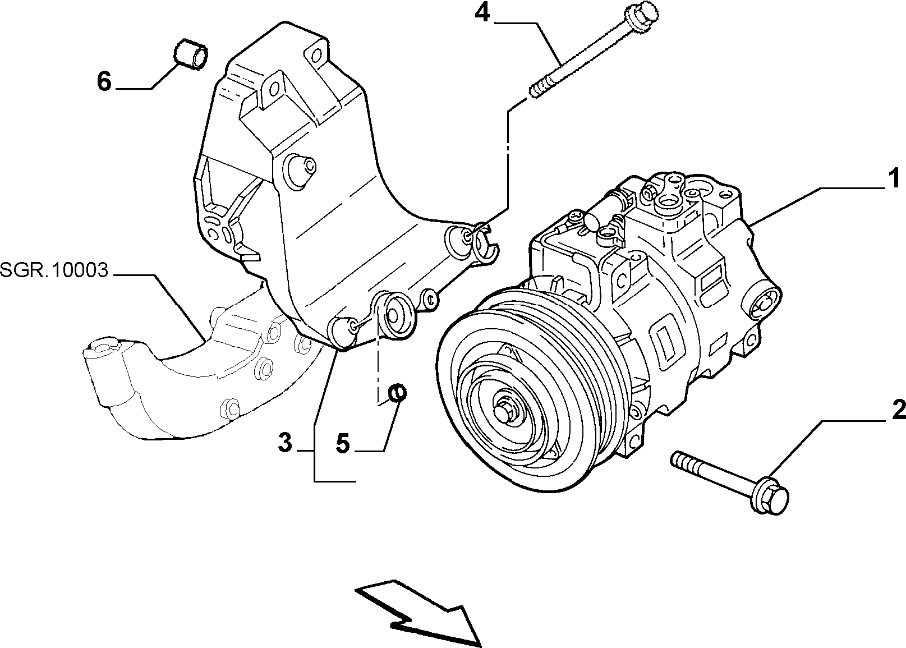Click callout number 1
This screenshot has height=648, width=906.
[x=893, y=179]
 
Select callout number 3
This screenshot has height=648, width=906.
[x=285, y=442]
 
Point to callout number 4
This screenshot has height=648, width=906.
[x=482, y=14]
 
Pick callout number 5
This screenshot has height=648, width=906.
[x=342, y=443]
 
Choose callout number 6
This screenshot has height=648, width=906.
[x=104, y=82]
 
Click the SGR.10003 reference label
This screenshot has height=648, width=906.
[x=54, y=270]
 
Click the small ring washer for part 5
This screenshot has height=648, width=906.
[x=397, y=392]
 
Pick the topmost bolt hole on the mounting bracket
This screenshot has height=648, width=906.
[x=315, y=53]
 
